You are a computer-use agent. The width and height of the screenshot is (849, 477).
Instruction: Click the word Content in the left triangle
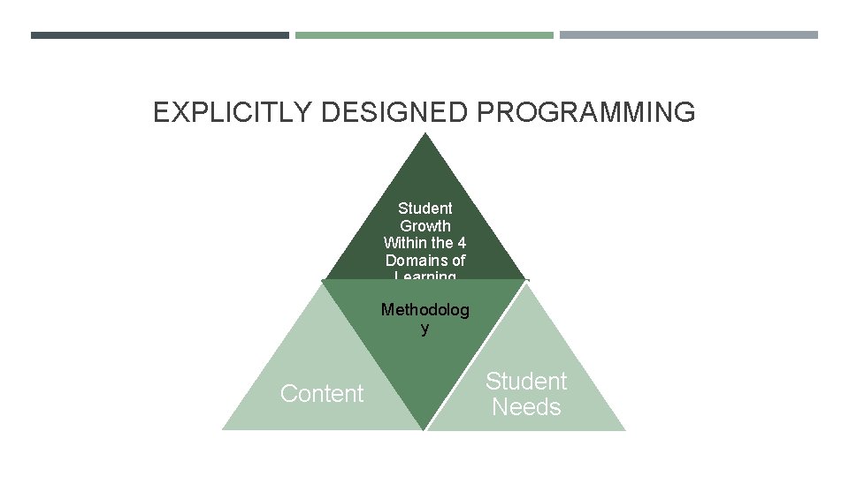(321, 394)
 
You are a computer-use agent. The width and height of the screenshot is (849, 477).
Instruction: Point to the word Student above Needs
(526, 382)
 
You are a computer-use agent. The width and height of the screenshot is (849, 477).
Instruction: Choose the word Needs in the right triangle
(526, 407)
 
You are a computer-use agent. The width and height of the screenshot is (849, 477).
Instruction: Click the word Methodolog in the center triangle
(425, 310)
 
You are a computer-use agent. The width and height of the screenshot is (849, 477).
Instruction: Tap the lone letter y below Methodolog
(425, 328)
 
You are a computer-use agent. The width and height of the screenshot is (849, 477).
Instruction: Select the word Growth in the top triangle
(425, 225)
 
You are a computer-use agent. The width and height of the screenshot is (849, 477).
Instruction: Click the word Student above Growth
(425, 208)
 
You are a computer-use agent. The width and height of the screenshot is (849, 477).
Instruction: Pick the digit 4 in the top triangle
(461, 243)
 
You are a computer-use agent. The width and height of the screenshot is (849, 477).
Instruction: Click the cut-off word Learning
(425, 276)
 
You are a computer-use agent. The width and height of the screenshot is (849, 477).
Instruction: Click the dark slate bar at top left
(159, 35)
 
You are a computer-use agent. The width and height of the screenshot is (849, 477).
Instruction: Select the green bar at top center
(424, 35)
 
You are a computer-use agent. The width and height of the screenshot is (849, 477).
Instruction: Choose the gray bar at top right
(689, 35)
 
